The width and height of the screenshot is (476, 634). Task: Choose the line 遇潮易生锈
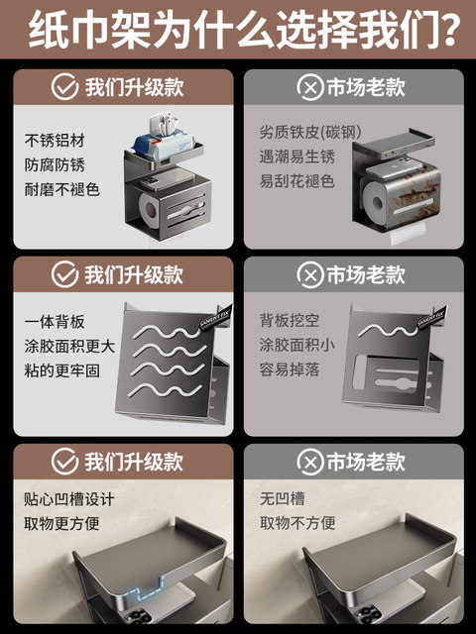297,158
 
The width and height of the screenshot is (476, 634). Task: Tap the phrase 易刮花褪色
297,182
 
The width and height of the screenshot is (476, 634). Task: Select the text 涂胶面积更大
68,348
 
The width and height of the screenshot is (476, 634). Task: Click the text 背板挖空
290,322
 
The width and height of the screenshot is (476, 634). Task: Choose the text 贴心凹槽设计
68,498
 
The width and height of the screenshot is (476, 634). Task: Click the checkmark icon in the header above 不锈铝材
64,87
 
